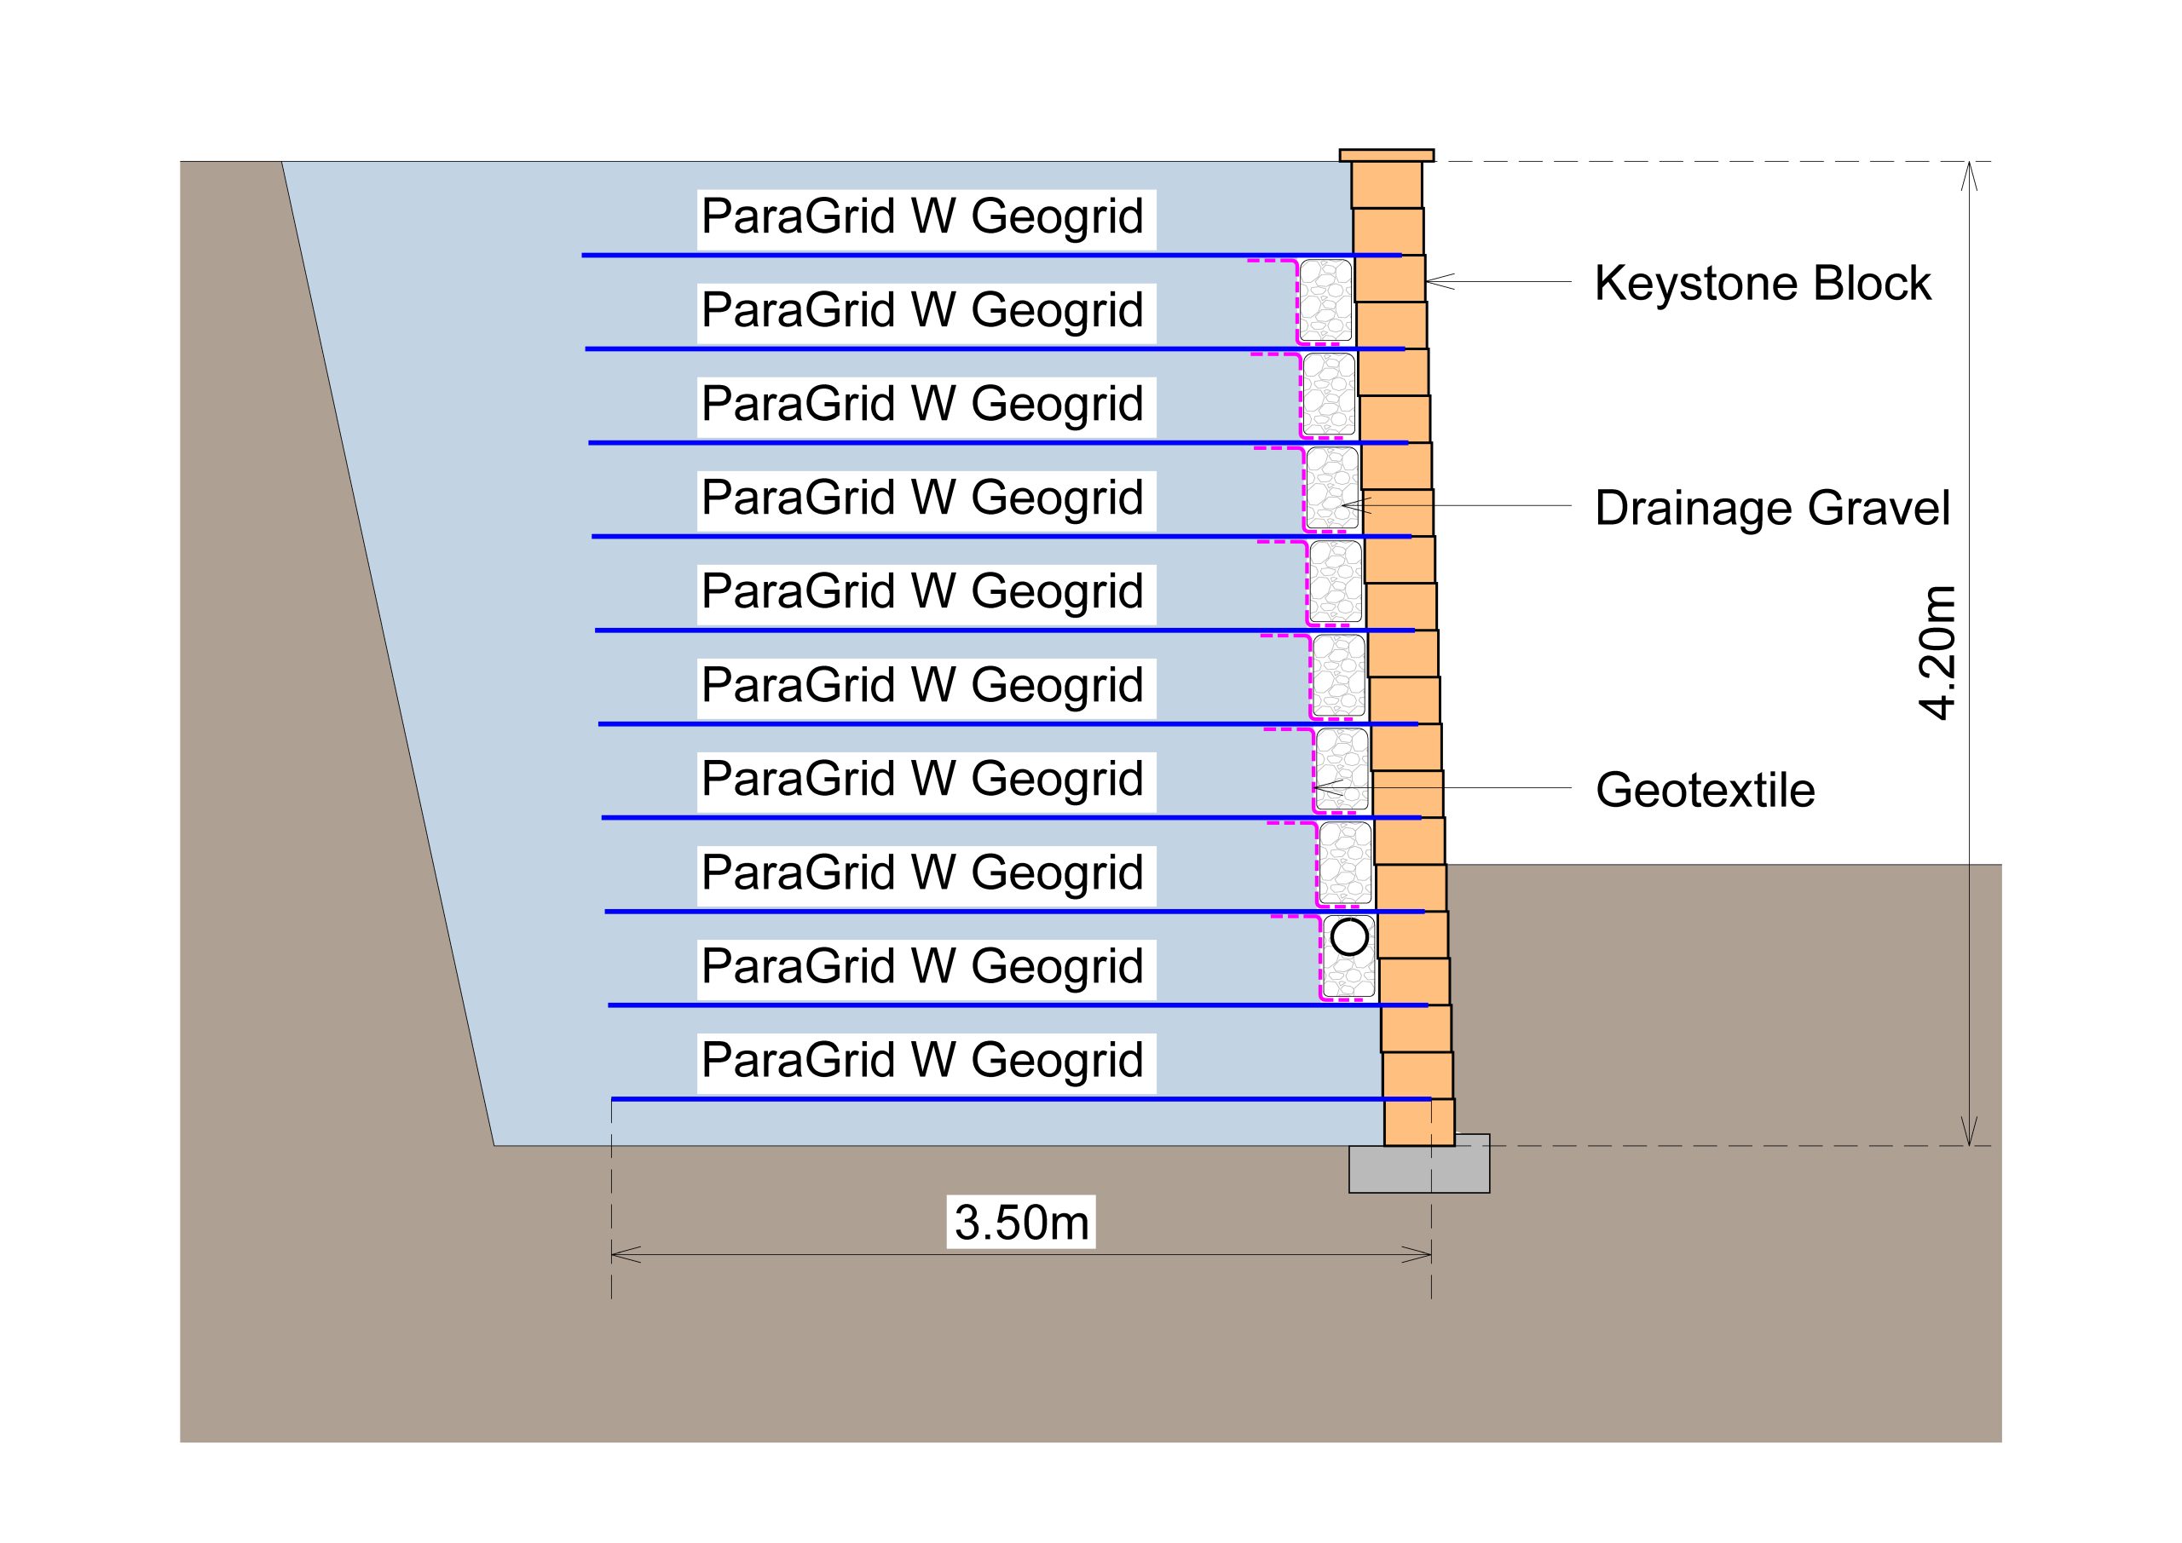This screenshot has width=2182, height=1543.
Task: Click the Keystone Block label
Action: (1762, 283)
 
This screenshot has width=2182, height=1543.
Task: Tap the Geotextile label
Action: (1705, 790)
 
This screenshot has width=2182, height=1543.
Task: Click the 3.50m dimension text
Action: (1020, 1222)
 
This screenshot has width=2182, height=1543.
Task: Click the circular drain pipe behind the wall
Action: (1349, 938)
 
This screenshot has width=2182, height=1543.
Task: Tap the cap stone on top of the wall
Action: (1387, 155)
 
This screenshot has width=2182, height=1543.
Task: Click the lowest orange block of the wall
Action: (1419, 1122)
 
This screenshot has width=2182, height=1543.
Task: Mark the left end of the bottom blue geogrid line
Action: (613, 1098)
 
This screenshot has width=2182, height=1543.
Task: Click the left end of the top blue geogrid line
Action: (584, 255)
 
